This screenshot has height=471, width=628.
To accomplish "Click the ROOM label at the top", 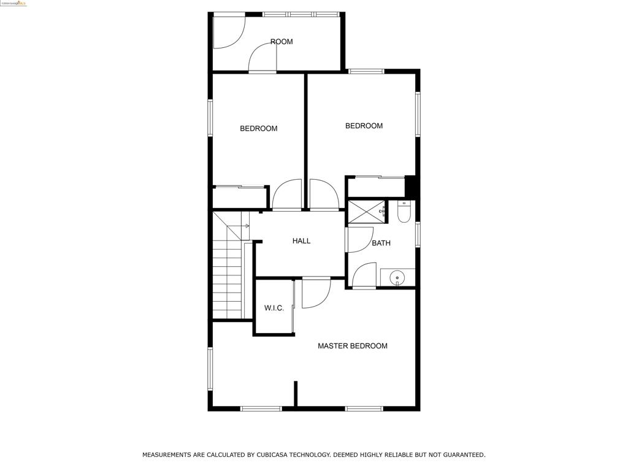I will (x=281, y=42).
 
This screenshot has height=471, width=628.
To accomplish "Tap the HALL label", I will (x=301, y=241).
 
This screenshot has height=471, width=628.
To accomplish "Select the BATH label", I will (x=381, y=243).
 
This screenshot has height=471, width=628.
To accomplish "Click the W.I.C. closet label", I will (x=274, y=308).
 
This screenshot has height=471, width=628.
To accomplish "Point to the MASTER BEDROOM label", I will (x=352, y=346).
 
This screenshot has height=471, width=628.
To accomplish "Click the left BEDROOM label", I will (x=258, y=129).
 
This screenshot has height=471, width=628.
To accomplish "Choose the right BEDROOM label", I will (x=364, y=126).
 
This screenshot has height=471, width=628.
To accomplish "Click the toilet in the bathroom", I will (x=404, y=212).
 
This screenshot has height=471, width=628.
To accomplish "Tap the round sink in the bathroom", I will (x=397, y=278).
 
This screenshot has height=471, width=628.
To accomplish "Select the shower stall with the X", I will (x=366, y=212).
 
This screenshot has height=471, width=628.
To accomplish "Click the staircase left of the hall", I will (x=228, y=276).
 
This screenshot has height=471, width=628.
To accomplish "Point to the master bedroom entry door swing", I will (x=315, y=293).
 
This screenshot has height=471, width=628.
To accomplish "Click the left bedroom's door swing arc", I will (x=286, y=194).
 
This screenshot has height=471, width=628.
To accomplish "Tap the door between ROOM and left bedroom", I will (x=262, y=59).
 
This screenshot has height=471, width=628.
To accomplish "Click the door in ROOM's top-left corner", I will (x=228, y=31).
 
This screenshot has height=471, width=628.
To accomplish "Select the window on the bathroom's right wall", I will (x=418, y=234).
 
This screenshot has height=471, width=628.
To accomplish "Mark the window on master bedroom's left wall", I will (x=210, y=369).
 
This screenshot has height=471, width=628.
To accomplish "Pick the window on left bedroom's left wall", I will (x=210, y=118).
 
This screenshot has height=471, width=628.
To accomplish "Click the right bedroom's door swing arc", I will (x=324, y=194).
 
